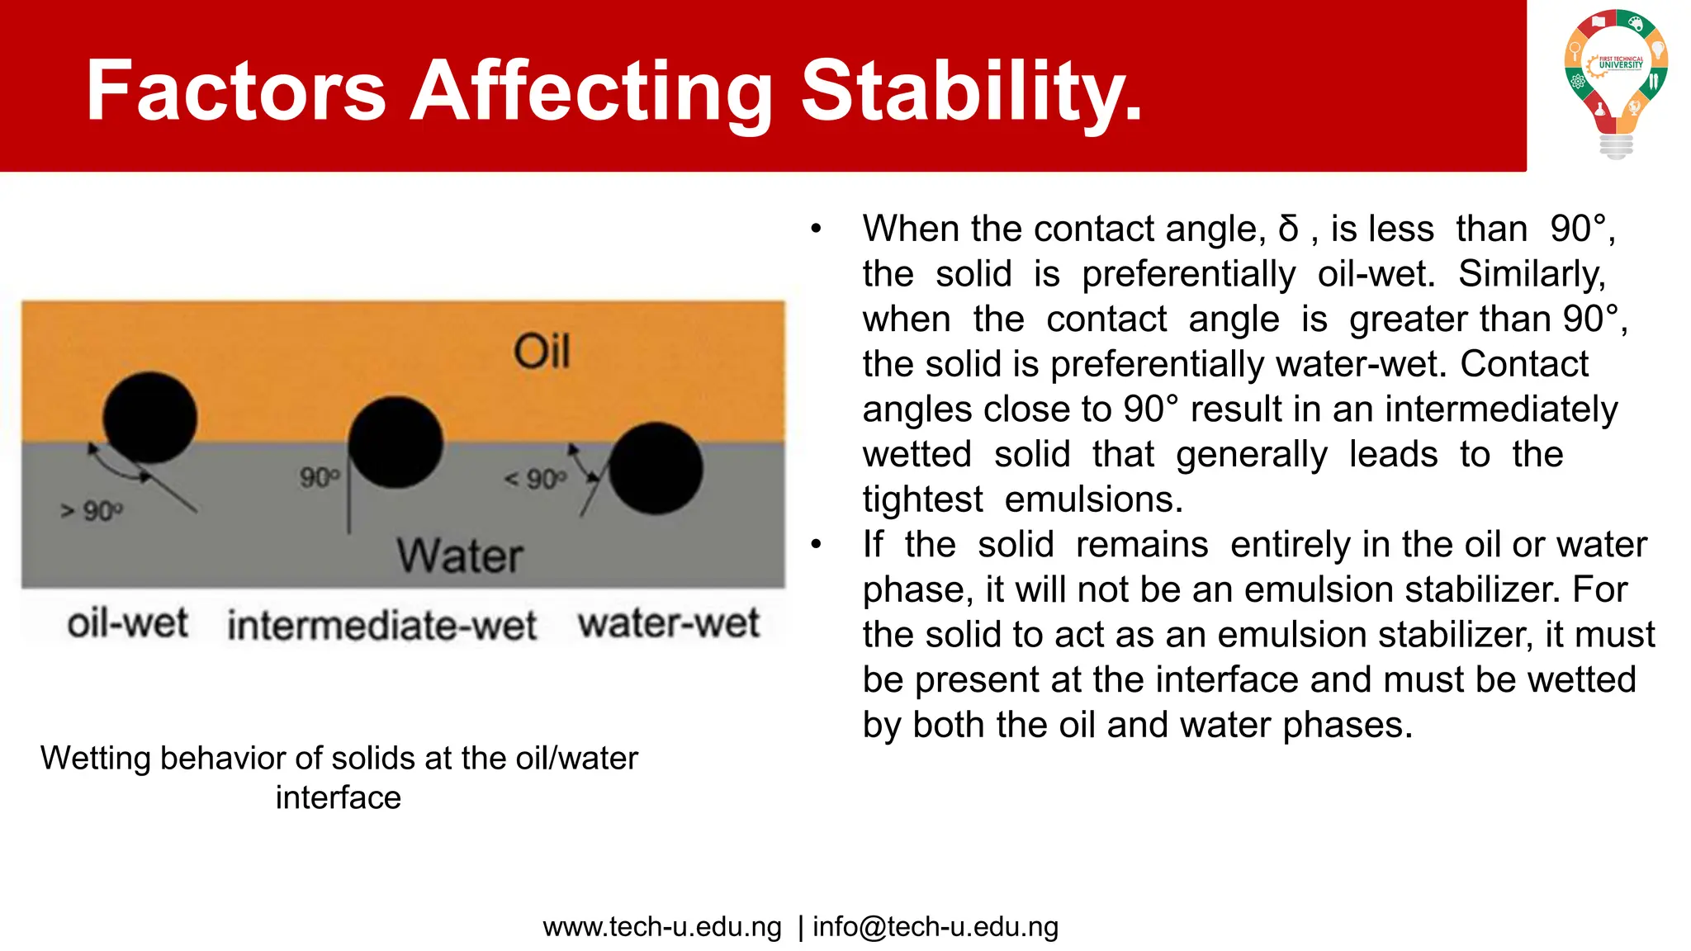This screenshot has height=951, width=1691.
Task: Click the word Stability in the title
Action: (x=971, y=91)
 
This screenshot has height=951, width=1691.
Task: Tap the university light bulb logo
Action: (x=1616, y=83)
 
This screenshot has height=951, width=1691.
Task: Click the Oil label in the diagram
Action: (x=542, y=352)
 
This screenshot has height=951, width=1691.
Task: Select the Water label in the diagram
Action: (x=460, y=556)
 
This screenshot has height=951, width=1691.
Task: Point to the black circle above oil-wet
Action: (x=149, y=417)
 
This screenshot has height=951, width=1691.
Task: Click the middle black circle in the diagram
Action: (x=396, y=442)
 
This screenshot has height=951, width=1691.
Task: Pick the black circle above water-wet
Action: (x=656, y=468)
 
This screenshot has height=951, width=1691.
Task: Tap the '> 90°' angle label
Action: (x=92, y=512)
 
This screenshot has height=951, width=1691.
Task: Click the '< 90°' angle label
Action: (x=536, y=480)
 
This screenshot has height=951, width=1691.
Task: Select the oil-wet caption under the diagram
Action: (x=127, y=623)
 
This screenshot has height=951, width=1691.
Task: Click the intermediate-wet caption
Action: (x=381, y=625)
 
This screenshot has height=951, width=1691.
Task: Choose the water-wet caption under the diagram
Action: (x=668, y=623)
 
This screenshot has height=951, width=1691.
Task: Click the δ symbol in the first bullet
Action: (x=1288, y=229)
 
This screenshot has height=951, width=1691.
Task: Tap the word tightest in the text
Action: (x=922, y=499)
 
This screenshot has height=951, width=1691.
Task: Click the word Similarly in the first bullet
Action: (x=1532, y=274)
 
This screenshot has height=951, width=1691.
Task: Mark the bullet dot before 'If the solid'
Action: (x=816, y=545)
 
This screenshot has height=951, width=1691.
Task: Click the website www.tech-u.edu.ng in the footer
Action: (x=662, y=927)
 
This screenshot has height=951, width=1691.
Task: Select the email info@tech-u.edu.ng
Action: (x=935, y=927)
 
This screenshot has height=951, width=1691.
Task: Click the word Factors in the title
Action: (x=236, y=91)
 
